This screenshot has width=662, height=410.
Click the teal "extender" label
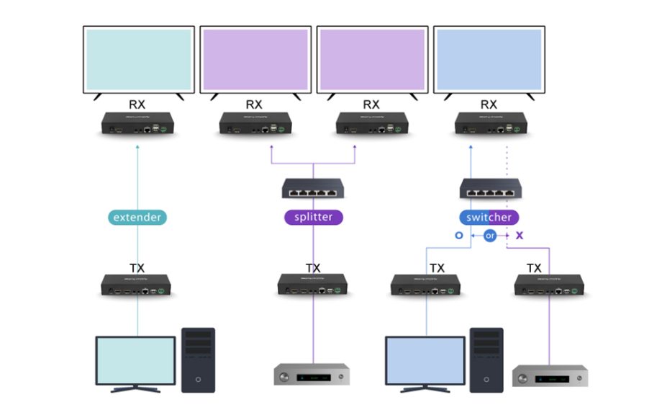pos(138,217)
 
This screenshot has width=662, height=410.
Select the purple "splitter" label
pos(313,217)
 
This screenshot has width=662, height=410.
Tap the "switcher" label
pos(489,217)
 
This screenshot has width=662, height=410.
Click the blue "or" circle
pos(489,236)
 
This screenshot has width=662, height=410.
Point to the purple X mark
pos(520,236)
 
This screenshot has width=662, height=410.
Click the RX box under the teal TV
pos(138,125)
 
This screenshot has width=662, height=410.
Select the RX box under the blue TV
pos(489,125)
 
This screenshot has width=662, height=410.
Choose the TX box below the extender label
pos(137,285)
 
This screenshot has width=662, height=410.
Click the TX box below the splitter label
pos(314,285)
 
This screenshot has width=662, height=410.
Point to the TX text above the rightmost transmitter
pos(534,268)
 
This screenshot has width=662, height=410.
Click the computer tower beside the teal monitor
pos(198,360)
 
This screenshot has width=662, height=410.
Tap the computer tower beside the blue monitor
pos(486,360)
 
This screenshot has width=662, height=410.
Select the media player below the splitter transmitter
pos(312,374)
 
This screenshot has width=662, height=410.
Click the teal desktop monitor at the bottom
pos(135,362)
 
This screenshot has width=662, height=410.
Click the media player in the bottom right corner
pos(550,375)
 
